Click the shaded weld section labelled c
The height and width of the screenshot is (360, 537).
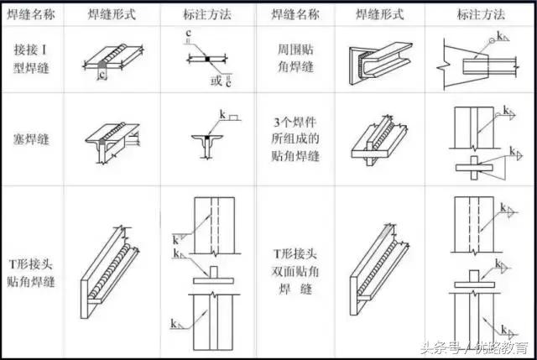pos(102,65)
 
